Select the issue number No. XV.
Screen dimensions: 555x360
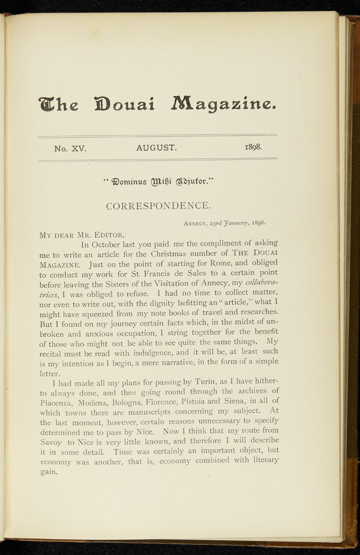point(70,149)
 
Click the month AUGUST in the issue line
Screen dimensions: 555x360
point(157,148)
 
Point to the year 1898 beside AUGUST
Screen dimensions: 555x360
point(253,147)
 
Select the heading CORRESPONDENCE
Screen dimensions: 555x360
point(158,206)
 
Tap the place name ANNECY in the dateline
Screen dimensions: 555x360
point(196,224)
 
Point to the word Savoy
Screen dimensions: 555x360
point(51,442)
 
